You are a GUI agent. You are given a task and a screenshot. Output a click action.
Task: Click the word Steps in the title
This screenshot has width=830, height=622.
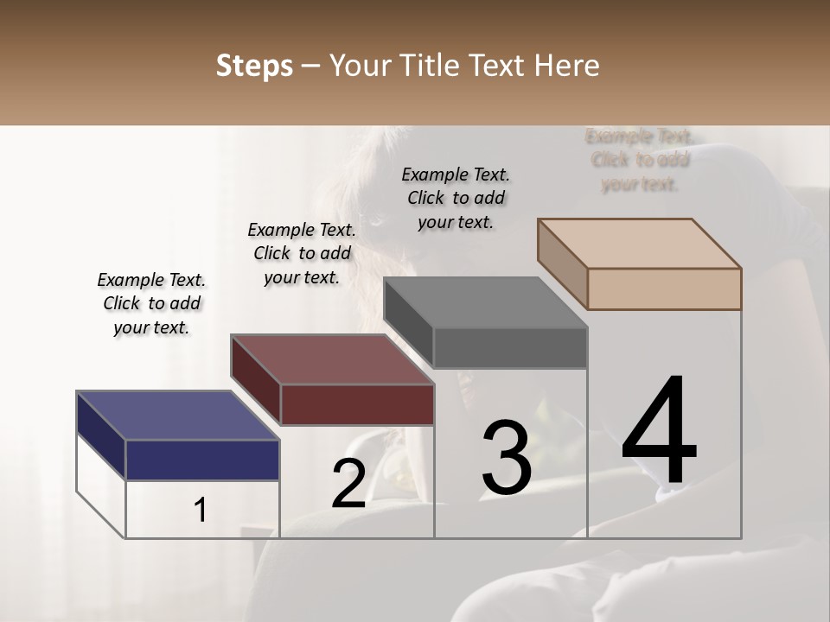[x=254, y=66]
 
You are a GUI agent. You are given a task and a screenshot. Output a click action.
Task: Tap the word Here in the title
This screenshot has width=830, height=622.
[x=565, y=66]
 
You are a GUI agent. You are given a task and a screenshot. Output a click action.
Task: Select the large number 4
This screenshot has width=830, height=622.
[x=659, y=432]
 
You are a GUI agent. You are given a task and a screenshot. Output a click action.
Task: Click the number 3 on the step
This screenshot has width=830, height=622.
[x=507, y=458]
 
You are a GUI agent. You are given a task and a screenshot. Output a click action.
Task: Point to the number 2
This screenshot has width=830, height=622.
[x=348, y=484]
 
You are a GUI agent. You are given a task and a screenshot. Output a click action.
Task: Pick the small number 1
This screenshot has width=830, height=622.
[x=200, y=511]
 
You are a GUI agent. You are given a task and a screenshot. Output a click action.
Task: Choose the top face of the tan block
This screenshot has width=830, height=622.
[x=640, y=243]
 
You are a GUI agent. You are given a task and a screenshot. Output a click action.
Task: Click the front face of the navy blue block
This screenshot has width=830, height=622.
[x=202, y=460]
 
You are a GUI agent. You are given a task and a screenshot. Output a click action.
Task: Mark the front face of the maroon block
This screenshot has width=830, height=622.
[x=357, y=404]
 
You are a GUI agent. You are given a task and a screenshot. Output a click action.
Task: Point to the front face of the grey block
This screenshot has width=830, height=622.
[x=510, y=348]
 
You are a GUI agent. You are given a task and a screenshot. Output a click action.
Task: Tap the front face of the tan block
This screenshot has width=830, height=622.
[x=664, y=289]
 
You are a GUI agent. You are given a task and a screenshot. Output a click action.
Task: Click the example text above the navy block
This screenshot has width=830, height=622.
[x=151, y=303]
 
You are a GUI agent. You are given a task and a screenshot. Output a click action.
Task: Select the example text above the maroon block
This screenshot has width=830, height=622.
[x=302, y=253]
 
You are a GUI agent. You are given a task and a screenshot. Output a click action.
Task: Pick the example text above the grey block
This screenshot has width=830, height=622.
[x=456, y=198]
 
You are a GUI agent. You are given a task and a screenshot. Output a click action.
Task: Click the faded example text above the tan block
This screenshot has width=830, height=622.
[x=639, y=160]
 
